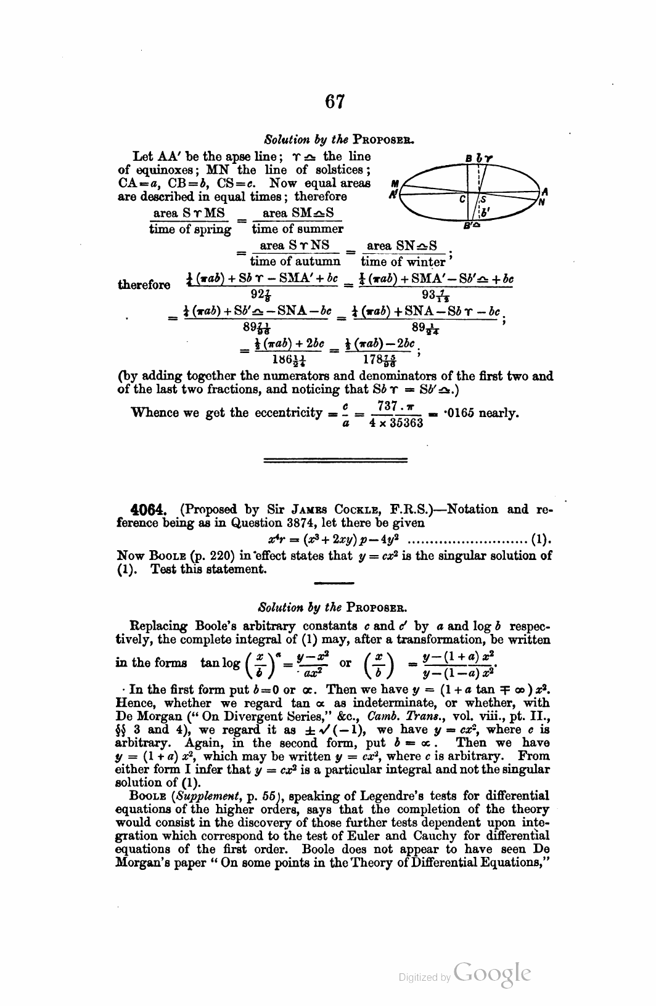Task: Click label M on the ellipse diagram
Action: click(x=395, y=183)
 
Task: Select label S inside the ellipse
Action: click(x=484, y=199)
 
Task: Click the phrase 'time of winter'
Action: click(x=403, y=261)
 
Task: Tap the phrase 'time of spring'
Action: click(x=191, y=229)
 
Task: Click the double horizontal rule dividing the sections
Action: click(x=335, y=460)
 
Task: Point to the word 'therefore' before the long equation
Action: click(x=144, y=285)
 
